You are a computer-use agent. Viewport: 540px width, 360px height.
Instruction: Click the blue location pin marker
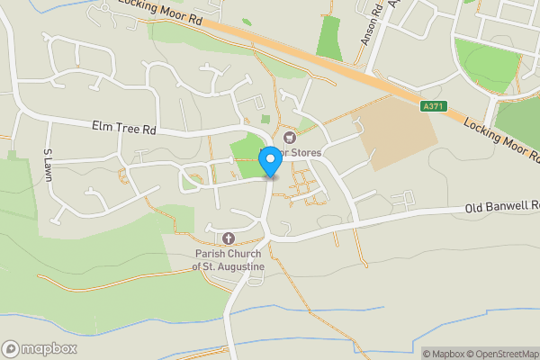[x=269, y=162]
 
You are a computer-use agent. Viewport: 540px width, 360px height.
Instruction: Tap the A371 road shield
[x=434, y=106]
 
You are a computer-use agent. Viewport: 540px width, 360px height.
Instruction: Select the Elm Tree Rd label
[x=123, y=130]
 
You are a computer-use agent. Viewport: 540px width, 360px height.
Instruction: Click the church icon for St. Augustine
[x=228, y=238]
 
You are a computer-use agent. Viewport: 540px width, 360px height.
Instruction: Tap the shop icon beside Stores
[x=290, y=138]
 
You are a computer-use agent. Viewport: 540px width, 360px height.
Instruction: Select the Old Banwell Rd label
[x=501, y=207]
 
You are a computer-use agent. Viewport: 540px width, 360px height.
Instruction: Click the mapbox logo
[x=40, y=348]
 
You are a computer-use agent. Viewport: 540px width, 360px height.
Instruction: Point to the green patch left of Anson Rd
[x=329, y=38]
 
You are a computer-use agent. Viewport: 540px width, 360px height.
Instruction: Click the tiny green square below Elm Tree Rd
[x=265, y=119]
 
